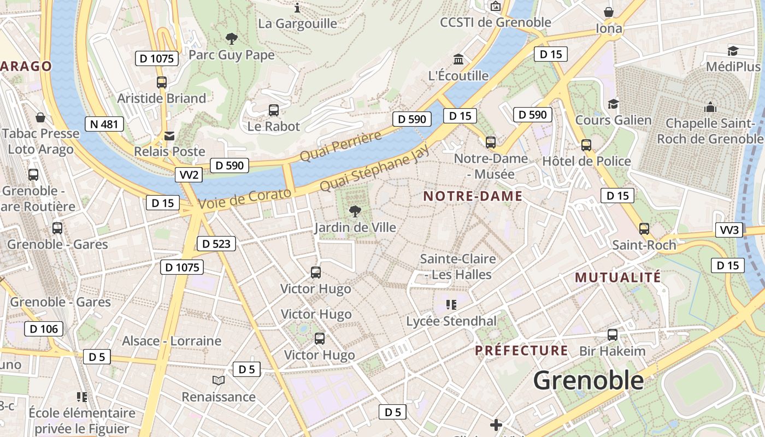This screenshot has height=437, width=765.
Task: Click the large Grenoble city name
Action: (589, 380)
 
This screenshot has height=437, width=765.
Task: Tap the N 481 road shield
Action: (104, 124)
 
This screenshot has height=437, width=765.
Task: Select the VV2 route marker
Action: (189, 175)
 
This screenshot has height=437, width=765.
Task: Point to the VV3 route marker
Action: (729, 230)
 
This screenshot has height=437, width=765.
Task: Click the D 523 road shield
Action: (216, 244)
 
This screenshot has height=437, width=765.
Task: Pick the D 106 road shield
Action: (44, 329)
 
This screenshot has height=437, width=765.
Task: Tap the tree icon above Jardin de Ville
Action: (355, 211)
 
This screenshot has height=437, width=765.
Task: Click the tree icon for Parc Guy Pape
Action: (232, 39)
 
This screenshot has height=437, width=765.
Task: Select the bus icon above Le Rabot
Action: (274, 110)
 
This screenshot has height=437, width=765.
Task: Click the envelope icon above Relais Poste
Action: (170, 135)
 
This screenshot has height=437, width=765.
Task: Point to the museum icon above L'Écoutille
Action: (458, 59)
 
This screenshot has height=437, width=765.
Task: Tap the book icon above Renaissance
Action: (219, 380)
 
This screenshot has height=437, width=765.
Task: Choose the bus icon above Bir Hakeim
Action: (613, 335)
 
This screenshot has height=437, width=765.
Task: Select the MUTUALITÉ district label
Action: (618, 277)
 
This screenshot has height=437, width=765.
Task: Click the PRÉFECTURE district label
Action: (521, 351)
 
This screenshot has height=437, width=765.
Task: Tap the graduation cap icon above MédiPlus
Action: (733, 51)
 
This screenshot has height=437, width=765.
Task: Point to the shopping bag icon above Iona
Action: (609, 12)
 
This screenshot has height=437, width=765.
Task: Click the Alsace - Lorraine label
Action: (172, 341)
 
